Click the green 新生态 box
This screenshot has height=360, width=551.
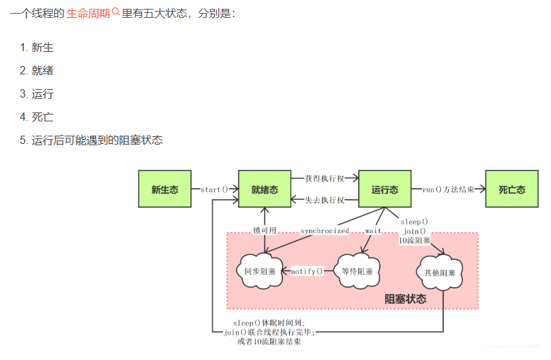164,190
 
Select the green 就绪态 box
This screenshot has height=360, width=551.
264,190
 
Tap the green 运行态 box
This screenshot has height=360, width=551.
385,190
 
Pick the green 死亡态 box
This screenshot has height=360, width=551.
511,190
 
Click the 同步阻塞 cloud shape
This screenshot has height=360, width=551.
260,271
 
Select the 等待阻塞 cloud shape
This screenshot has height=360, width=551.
357,271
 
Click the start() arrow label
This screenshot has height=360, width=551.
214,190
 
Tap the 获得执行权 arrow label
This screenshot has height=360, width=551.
324,179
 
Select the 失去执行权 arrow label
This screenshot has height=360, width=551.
324,200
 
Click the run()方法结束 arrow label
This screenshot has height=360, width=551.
448,190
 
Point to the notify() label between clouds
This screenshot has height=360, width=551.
307,271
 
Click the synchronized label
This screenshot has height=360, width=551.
325,231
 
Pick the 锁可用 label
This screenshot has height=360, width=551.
265,230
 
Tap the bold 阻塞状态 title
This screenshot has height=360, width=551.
406,299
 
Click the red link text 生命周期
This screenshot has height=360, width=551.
88,14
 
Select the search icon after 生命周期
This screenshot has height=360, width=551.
115,12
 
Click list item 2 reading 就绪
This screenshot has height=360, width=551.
42,70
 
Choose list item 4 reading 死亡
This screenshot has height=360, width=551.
42,117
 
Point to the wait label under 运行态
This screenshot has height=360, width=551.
373,231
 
